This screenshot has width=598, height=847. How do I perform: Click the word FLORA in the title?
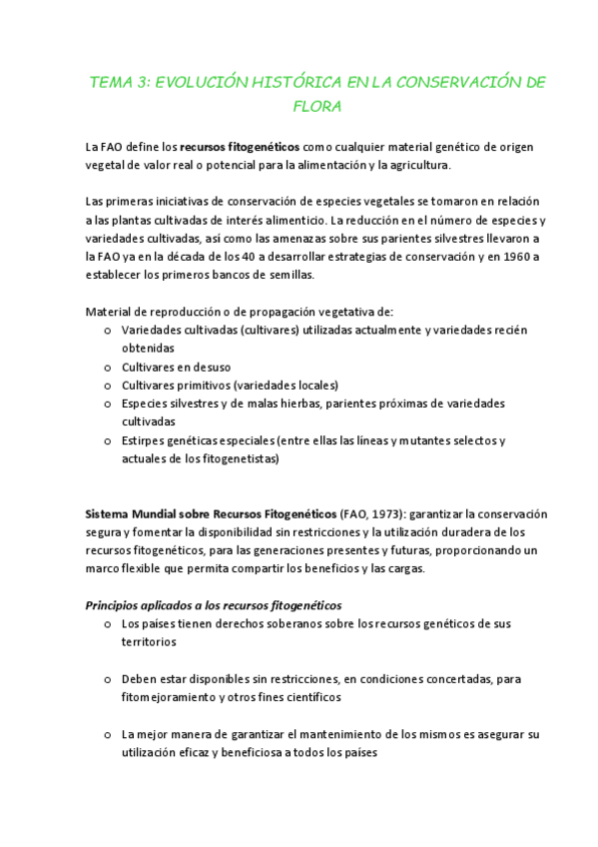tap(318, 106)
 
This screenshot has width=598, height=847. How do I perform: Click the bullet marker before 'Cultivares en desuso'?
tap(108, 367)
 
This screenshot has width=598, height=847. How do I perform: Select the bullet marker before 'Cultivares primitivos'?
tap(108, 385)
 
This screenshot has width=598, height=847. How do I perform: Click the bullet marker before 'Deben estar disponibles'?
tap(108, 678)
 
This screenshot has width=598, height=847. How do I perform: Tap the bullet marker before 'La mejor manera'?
tap(108, 734)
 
